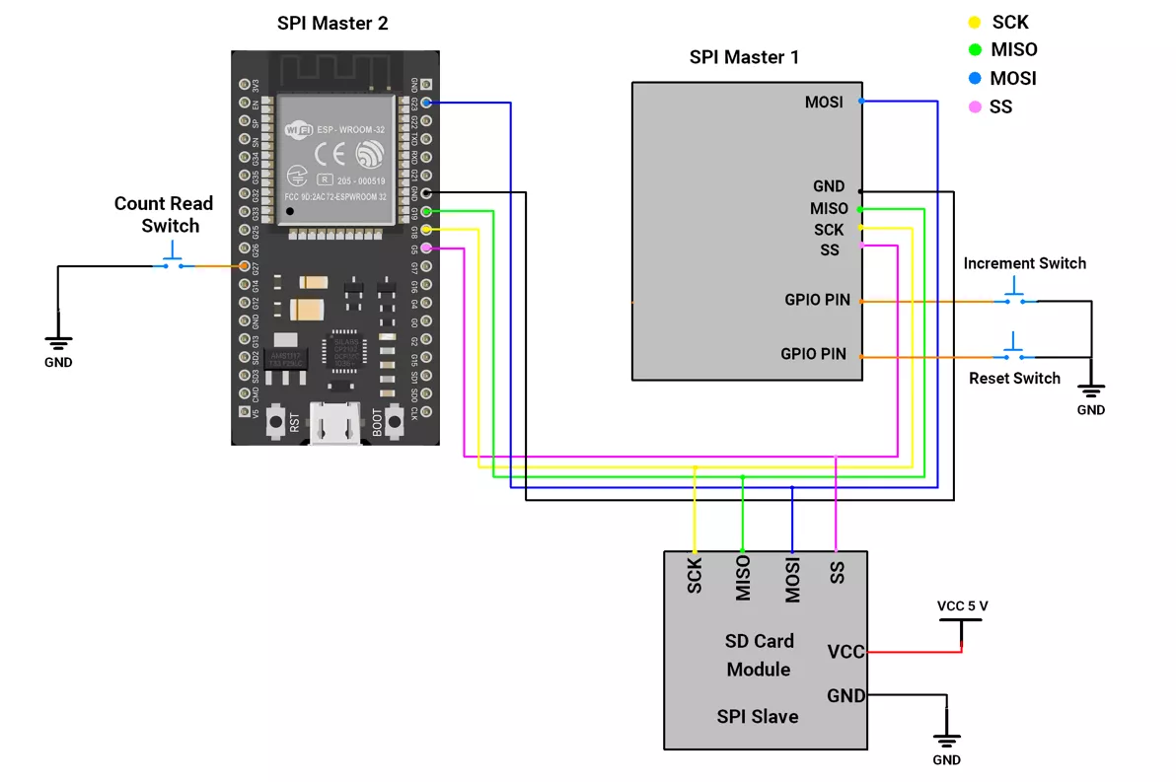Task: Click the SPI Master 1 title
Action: point(744,57)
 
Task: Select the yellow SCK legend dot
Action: point(975,22)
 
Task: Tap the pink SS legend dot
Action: point(975,107)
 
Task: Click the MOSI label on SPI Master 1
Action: point(824,102)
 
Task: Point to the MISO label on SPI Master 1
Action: point(829,209)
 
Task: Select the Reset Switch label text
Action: point(1014,379)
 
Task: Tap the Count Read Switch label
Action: point(164,215)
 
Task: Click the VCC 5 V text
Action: point(962,605)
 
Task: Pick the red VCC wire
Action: point(913,652)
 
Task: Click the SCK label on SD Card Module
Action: point(695,576)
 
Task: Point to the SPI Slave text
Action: point(758,717)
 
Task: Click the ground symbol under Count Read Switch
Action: point(58,343)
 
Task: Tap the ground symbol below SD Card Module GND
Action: point(946,741)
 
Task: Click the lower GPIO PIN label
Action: point(813,354)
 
